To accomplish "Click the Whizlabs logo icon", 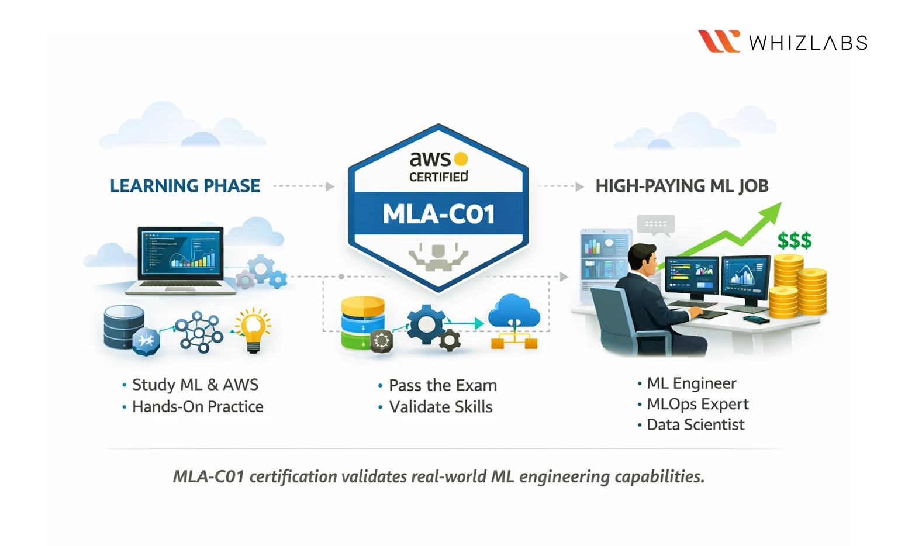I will tap(719, 42).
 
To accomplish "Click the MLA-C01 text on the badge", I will tap(438, 214).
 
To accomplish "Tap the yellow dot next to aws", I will tap(461, 159).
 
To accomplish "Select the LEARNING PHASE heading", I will tap(185, 186).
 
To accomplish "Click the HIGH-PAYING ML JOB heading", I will tap(682, 186).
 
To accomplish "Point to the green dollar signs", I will tap(794, 240).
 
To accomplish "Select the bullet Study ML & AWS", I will tap(195, 385).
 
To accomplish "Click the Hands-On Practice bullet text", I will tap(198, 406).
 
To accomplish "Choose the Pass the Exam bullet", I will tap(443, 385).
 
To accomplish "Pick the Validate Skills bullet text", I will tap(441, 407).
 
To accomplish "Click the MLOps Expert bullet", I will tap(697, 404).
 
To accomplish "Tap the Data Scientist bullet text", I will tap(695, 425).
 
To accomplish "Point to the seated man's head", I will tap(643, 260).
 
